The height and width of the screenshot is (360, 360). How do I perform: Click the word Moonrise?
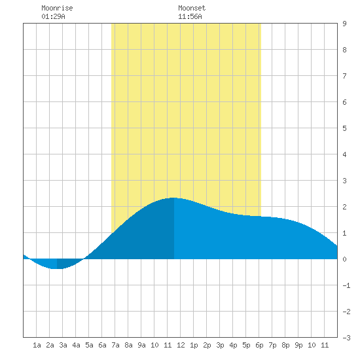(x=57, y=8)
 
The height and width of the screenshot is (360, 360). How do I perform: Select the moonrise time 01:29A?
(x=53, y=16)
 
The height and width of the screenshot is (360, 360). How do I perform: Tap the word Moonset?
(x=192, y=8)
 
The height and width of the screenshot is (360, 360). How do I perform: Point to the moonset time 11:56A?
(x=190, y=16)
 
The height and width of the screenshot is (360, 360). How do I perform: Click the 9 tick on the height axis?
(x=344, y=24)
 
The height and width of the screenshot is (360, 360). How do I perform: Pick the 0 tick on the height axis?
(x=344, y=259)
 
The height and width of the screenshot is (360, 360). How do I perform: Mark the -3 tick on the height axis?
(x=346, y=338)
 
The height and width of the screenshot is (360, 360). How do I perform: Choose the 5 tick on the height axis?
(x=344, y=128)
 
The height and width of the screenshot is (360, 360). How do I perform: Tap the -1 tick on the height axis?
(x=346, y=285)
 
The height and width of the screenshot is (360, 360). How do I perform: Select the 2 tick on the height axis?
(x=344, y=207)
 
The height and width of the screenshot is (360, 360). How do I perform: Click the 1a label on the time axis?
(x=37, y=345)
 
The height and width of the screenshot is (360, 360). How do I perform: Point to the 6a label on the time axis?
(x=102, y=345)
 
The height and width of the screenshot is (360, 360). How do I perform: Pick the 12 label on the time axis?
(x=181, y=345)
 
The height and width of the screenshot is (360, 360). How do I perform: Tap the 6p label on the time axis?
(x=259, y=345)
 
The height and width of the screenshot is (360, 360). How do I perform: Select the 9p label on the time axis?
(x=298, y=345)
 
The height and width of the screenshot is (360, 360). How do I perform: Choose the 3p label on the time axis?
(x=220, y=345)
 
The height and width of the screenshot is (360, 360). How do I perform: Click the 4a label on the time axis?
(x=76, y=345)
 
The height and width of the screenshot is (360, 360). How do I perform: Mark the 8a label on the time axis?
(x=128, y=345)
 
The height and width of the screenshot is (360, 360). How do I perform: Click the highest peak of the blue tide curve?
(x=173, y=198)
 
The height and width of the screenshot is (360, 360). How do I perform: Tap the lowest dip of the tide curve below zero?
(x=57, y=268)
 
